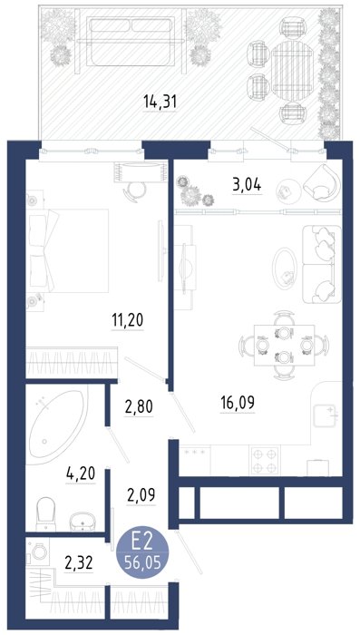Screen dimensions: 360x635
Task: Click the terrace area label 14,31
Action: (160, 102)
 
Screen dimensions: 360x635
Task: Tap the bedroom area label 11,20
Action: (127, 320)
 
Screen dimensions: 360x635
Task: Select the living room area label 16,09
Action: (238, 403)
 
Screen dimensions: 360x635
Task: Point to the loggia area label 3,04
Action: (247, 185)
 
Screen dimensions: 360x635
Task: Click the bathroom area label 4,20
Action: (81, 474)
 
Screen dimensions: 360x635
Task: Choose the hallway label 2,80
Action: (139, 407)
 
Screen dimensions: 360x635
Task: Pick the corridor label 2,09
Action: (141, 494)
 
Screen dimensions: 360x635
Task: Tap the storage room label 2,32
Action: (79, 562)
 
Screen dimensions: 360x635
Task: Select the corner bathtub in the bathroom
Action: (57, 425)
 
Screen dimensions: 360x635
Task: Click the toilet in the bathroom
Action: (45, 514)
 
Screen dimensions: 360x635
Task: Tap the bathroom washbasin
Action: (83, 522)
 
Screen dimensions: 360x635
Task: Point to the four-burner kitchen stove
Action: (266, 460)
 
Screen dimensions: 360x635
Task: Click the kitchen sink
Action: (326, 415)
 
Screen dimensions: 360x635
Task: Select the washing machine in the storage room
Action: (38, 552)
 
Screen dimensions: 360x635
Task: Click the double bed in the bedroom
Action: (68, 250)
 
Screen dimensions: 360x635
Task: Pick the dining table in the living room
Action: (284, 345)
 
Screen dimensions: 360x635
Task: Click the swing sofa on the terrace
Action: (131, 41)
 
